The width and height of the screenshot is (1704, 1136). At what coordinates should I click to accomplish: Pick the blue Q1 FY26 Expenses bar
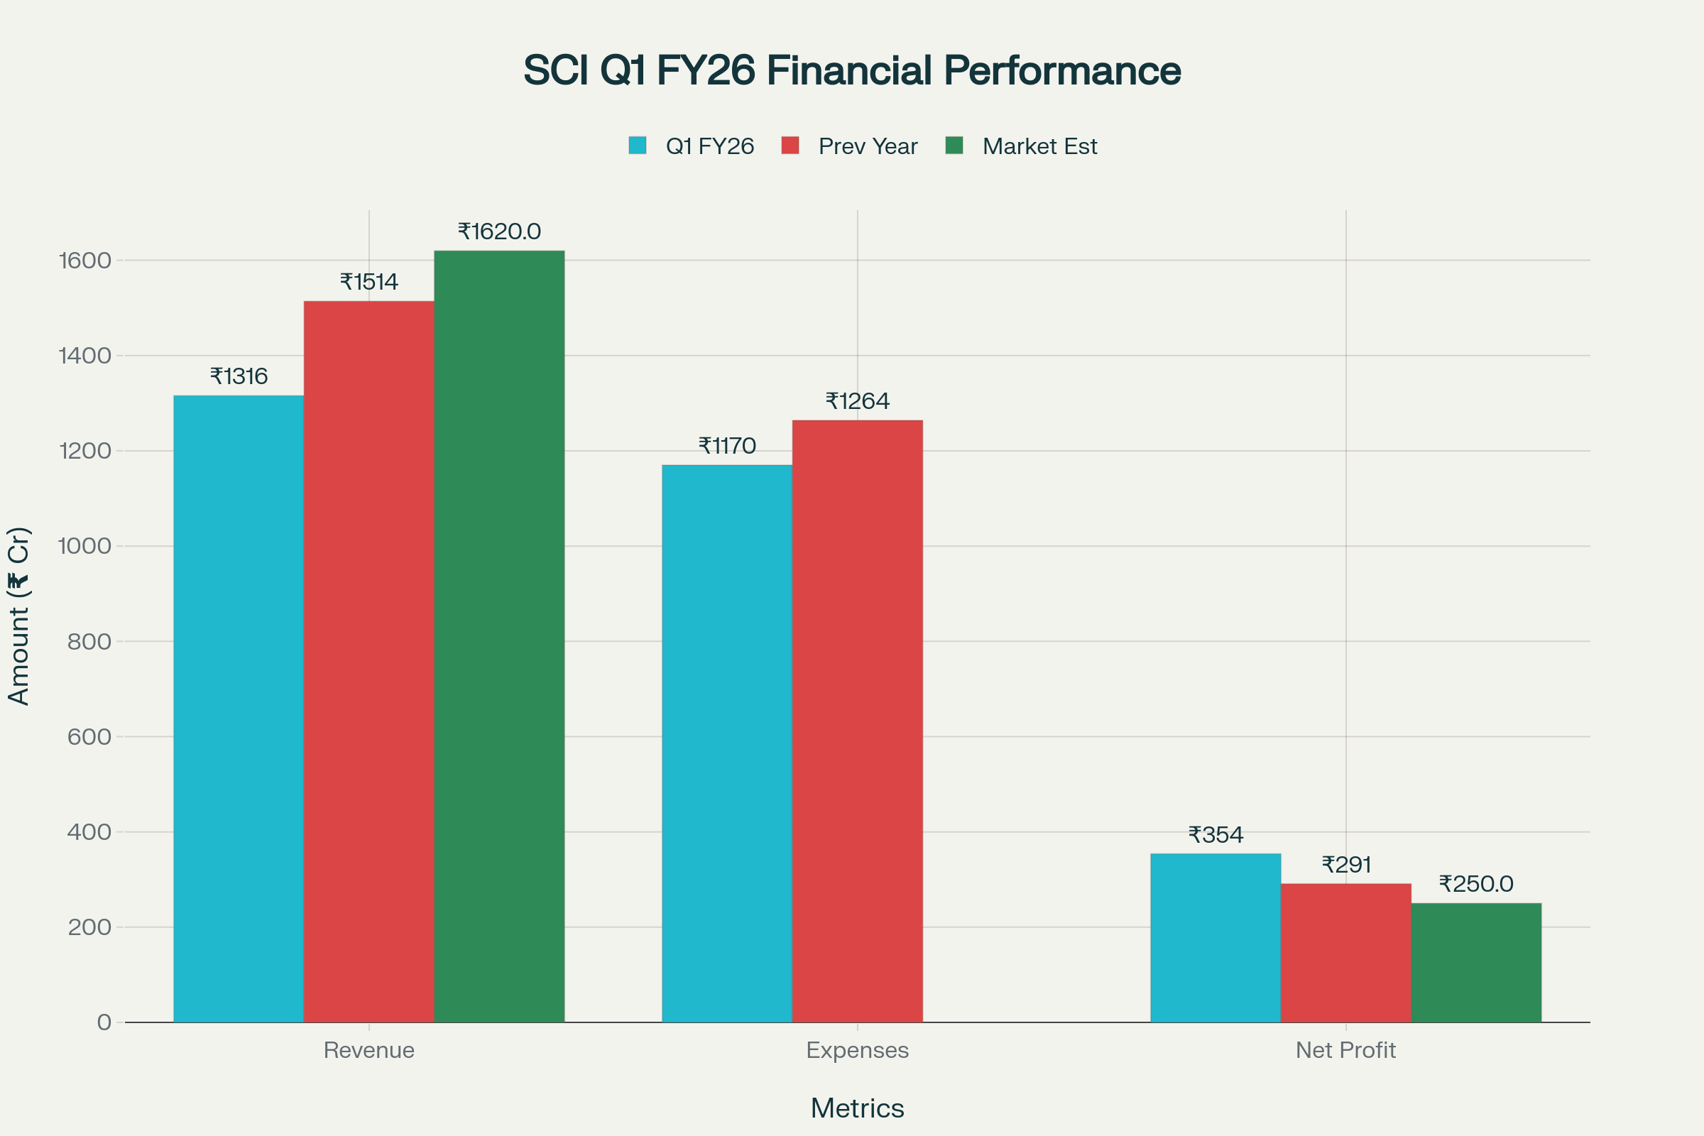click(x=726, y=743)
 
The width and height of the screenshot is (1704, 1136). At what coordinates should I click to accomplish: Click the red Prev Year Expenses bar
click(x=857, y=721)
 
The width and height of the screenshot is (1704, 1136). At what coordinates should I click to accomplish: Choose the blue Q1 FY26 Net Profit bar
click(x=1215, y=937)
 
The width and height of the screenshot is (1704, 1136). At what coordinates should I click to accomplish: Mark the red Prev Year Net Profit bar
click(x=1345, y=953)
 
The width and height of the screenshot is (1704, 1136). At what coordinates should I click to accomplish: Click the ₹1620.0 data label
click(x=499, y=232)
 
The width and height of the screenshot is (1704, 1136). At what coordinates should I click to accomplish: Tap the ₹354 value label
click(x=1216, y=836)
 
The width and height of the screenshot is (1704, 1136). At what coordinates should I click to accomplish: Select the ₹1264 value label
click(x=857, y=401)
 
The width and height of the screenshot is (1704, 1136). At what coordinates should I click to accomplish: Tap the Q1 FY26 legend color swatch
click(x=638, y=146)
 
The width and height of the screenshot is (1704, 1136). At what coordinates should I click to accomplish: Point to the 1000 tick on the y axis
click(x=84, y=546)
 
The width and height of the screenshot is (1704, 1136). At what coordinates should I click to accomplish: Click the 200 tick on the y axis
click(x=89, y=927)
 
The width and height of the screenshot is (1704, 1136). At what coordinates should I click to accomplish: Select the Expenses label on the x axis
click(x=857, y=1050)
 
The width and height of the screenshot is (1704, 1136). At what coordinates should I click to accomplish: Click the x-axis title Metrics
click(x=857, y=1108)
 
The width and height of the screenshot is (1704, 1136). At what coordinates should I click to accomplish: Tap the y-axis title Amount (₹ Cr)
click(x=20, y=616)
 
